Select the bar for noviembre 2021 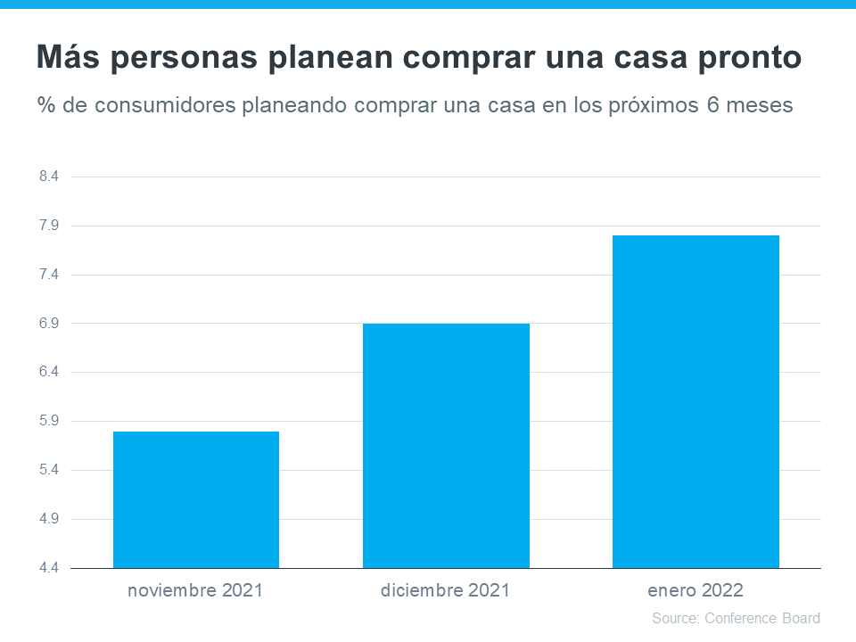point(196,499)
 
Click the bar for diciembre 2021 point(446,446)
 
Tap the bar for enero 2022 point(695,401)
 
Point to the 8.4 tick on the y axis point(49,177)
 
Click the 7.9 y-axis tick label point(49,226)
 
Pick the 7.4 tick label point(49,275)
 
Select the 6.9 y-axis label point(49,323)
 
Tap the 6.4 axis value point(49,372)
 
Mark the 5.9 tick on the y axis point(49,421)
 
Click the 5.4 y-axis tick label point(49,470)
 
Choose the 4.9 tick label point(49,519)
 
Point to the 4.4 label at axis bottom point(49,568)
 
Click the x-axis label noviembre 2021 point(196,590)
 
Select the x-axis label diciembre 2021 point(446,590)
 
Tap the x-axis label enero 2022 point(695,590)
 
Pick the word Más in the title point(67,57)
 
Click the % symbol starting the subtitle point(46,105)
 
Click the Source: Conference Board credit point(736,618)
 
